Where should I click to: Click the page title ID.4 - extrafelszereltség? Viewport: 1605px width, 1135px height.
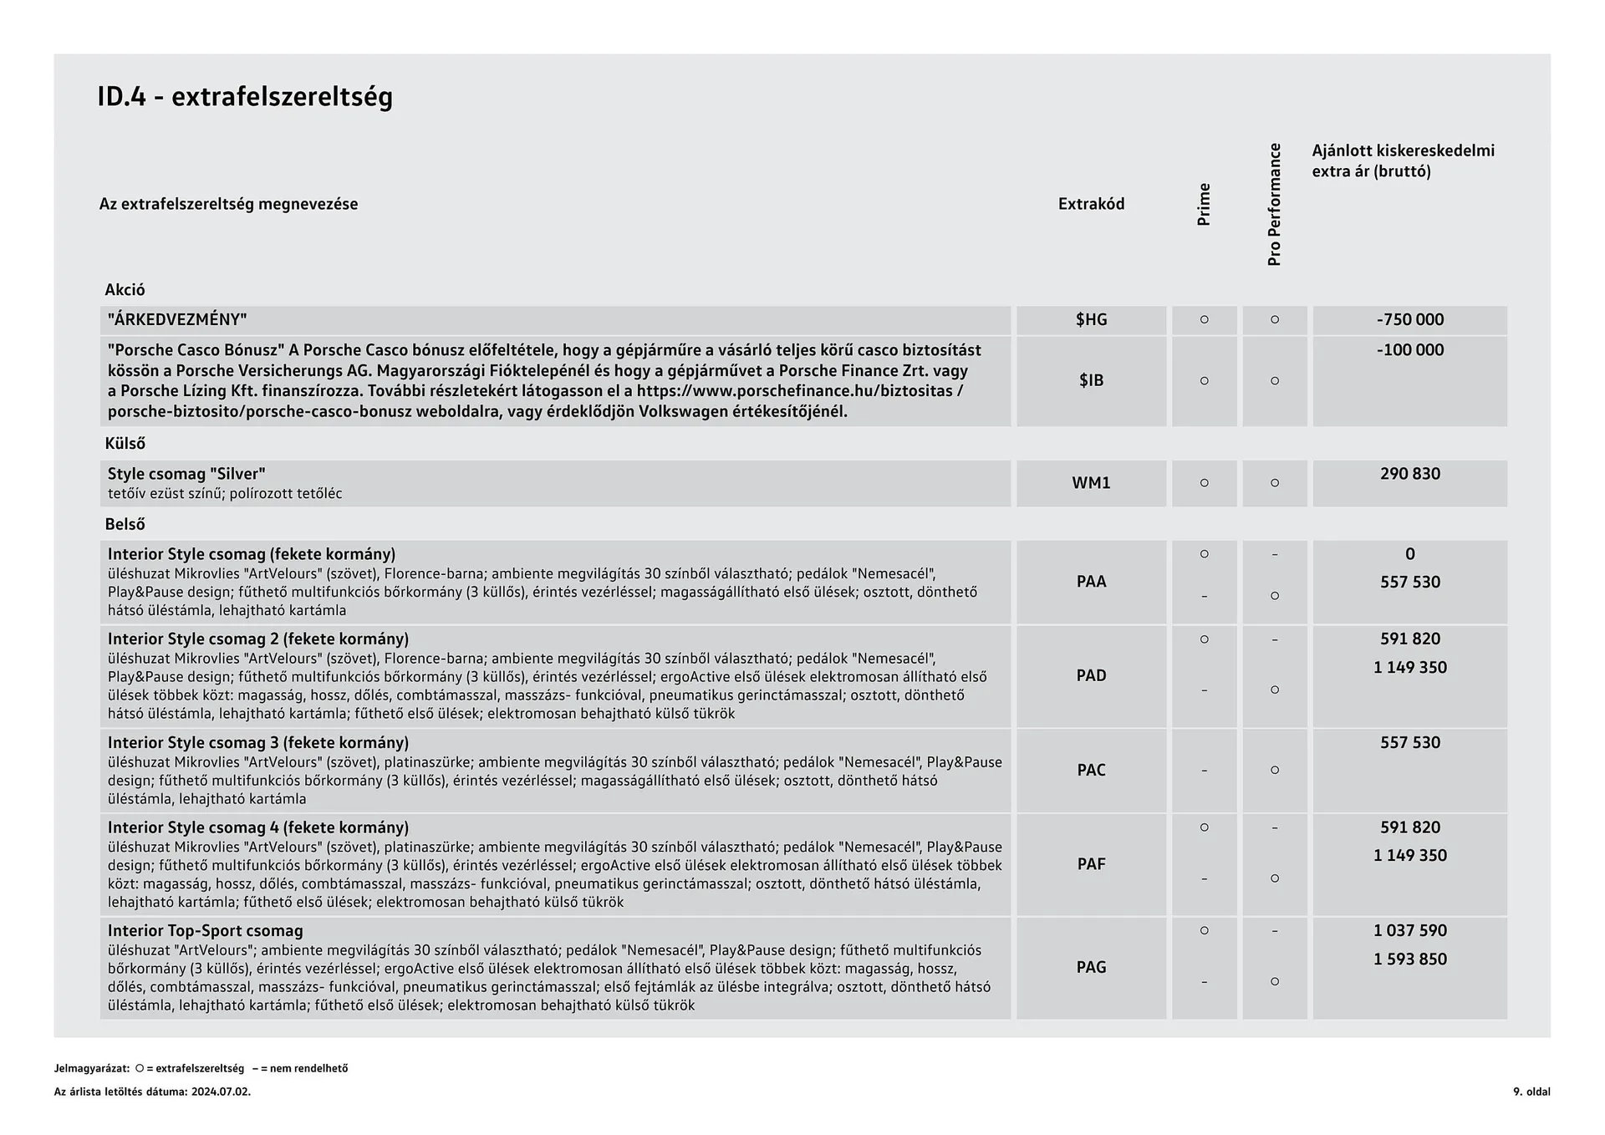pos(245,97)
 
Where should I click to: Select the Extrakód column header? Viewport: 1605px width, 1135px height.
pos(1091,204)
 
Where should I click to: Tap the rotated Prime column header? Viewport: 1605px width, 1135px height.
pos(1204,205)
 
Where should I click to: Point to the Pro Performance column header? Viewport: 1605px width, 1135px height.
pos(1274,205)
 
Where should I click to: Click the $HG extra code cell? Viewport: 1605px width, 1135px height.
pos(1091,320)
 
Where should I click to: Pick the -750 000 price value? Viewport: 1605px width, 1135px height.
pos(1409,320)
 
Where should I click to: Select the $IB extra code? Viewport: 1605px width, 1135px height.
pos(1091,381)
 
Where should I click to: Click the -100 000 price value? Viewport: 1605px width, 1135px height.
pos(1409,350)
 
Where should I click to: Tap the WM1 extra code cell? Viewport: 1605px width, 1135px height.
pos(1091,483)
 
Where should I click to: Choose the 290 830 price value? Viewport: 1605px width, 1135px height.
pos(1409,474)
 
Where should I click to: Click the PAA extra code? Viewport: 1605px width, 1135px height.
pos(1091,582)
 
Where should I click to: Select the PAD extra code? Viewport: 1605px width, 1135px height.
pos(1091,675)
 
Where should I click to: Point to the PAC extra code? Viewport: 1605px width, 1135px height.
pos(1091,770)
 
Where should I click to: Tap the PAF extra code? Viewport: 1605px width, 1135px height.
pos(1091,864)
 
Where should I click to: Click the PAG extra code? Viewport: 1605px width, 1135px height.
pos(1091,967)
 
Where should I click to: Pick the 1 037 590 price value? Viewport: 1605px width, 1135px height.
pos(1409,931)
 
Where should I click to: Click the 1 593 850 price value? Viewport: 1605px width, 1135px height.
pos(1409,959)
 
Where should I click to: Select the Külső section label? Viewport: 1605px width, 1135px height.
pos(125,444)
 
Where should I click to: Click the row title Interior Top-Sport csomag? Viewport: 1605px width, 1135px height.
pos(205,931)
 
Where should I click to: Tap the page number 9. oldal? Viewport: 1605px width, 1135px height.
pos(1531,1092)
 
